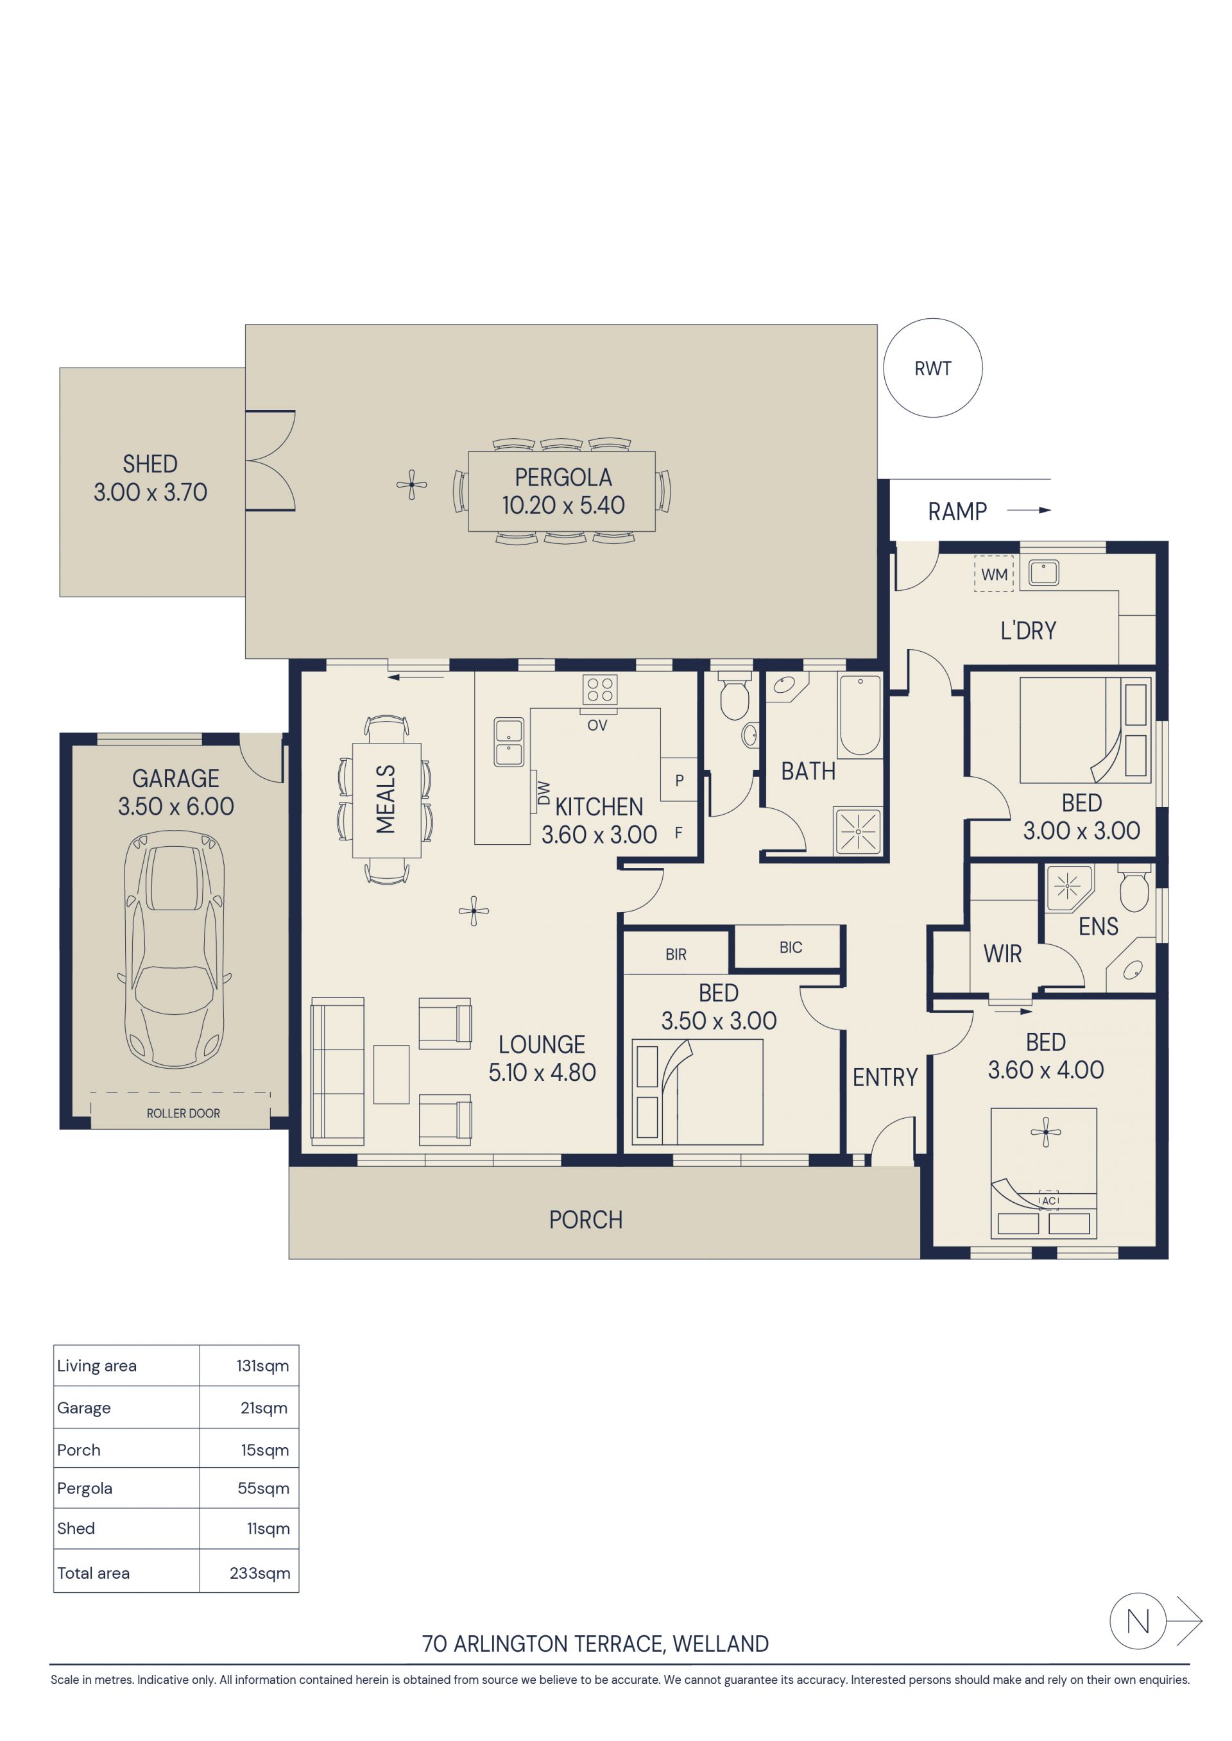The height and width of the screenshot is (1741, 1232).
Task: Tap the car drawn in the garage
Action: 175,949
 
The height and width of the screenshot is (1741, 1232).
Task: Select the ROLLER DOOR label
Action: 184,1113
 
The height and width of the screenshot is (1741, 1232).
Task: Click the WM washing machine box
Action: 994,574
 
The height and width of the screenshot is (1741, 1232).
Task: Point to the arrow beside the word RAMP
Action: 1029,511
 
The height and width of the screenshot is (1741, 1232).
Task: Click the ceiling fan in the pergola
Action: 411,484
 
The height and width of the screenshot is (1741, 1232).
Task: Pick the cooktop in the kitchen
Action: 599,690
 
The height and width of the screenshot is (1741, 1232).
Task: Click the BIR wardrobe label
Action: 676,955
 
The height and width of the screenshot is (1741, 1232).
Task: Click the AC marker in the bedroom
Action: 1048,1201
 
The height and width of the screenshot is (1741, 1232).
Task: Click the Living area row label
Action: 97,1366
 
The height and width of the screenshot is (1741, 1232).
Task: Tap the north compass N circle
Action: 1138,1621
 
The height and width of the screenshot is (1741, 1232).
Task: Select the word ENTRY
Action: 885,1078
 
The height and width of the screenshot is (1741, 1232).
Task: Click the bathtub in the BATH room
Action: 860,715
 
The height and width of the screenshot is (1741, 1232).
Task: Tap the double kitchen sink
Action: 508,742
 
